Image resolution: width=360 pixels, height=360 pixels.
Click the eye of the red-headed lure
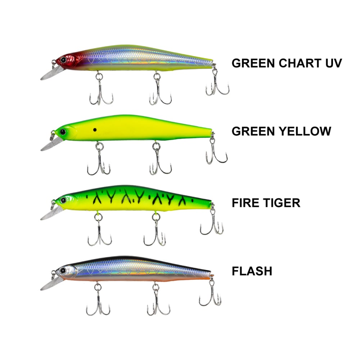[x=63, y=60]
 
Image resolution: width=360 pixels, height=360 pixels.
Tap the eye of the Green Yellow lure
[x=63, y=132]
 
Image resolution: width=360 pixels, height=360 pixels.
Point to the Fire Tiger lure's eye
[x=63, y=200]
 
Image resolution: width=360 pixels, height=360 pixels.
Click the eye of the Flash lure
[x=63, y=270]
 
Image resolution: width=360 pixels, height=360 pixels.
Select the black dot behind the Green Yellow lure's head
[x=95, y=130]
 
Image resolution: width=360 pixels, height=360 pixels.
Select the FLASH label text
[x=252, y=271]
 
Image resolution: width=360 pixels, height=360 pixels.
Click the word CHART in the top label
[x=300, y=63]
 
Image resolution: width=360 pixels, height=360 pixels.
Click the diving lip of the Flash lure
[x=51, y=284]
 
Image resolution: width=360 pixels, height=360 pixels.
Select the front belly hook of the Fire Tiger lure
[x=99, y=231]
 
